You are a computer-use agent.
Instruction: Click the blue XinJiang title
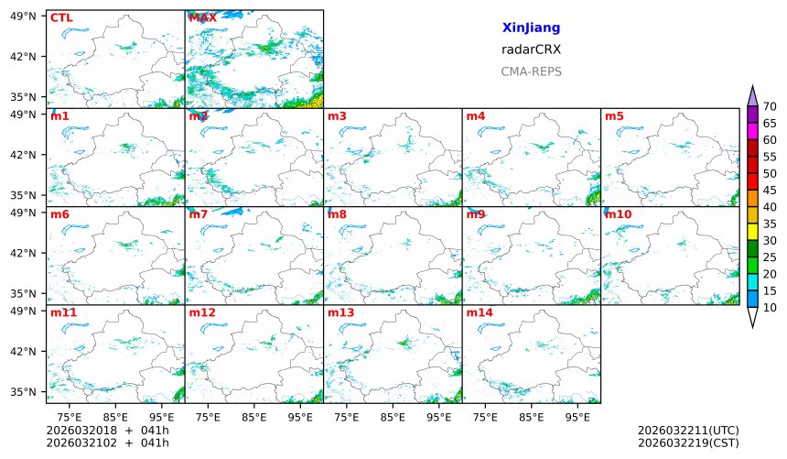click(531, 28)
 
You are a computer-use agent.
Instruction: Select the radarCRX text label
click(531, 50)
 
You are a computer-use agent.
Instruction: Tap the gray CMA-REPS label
click(531, 71)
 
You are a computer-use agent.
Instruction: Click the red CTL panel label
click(60, 17)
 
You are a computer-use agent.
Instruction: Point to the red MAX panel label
click(202, 17)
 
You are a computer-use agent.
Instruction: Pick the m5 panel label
click(614, 116)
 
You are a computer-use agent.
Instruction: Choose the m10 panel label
click(618, 214)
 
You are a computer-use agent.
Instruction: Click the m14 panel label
click(479, 312)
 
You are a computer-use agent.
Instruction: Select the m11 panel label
click(63, 312)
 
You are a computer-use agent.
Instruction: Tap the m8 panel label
click(337, 214)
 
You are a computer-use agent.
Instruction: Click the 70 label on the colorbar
click(770, 107)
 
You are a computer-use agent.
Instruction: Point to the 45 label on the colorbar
click(770, 191)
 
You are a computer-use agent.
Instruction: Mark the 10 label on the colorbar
click(770, 308)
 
